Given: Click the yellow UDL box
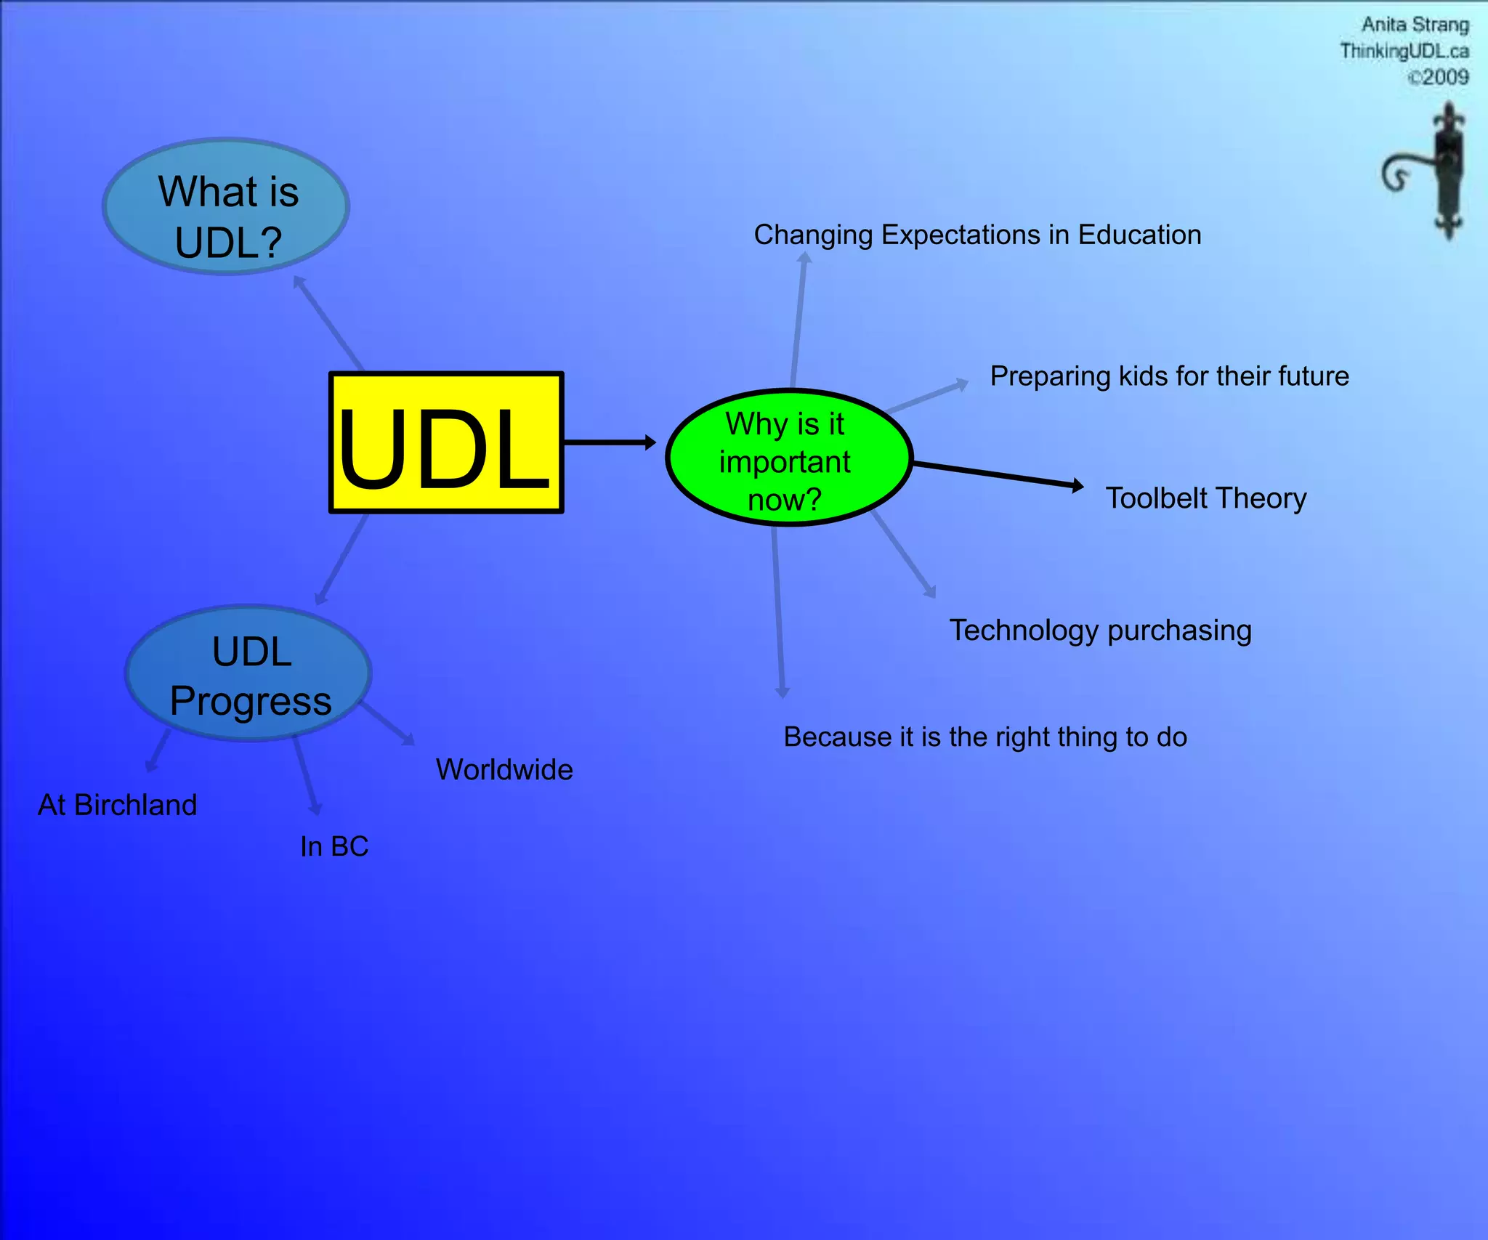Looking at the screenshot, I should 446,442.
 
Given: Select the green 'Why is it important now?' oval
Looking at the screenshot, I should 788,458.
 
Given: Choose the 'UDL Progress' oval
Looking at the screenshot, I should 249,674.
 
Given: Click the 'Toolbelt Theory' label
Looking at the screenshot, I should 1205,499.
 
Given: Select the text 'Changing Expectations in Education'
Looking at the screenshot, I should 977,235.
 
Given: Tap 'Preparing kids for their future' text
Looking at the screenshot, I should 1169,376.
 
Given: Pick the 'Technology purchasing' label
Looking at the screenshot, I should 1100,631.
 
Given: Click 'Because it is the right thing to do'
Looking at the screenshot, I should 984,737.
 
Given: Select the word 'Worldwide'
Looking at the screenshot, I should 504,770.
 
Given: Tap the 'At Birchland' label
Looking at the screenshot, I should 118,806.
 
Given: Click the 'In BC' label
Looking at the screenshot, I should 334,847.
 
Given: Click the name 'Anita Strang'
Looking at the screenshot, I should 1415,25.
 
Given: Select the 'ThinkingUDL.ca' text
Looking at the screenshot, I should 1404,52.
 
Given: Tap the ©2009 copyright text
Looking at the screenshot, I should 1438,78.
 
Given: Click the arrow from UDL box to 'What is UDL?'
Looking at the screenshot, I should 328,323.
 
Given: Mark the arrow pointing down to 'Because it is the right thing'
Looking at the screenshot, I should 777,610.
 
